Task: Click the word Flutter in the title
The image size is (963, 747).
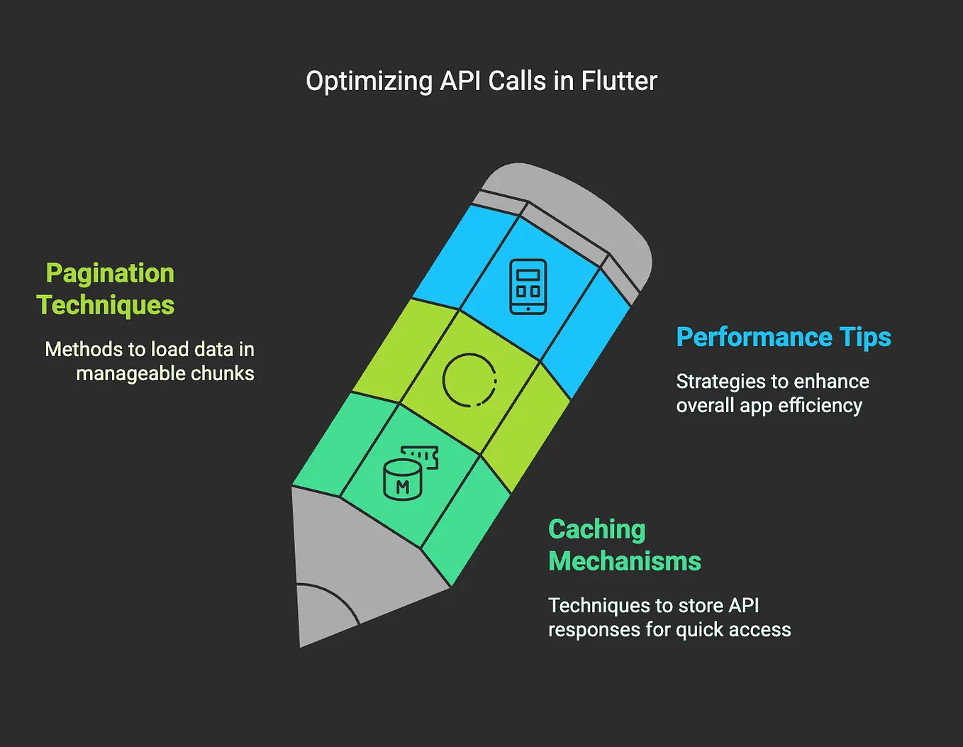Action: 619,81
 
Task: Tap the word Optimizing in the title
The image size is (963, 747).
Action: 369,82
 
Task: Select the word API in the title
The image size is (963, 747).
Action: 461,81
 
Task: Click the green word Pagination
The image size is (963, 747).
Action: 110,273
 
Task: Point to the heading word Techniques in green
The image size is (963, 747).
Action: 106,305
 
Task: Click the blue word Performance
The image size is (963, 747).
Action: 753,337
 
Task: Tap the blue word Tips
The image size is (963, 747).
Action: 865,337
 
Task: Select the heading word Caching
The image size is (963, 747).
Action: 597,529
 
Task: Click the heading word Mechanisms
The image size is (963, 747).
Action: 625,561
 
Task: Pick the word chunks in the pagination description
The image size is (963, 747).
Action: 220,373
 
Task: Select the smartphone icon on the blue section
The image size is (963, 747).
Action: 528,287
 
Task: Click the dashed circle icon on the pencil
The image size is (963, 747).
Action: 469,380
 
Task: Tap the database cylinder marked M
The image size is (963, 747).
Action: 402,480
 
